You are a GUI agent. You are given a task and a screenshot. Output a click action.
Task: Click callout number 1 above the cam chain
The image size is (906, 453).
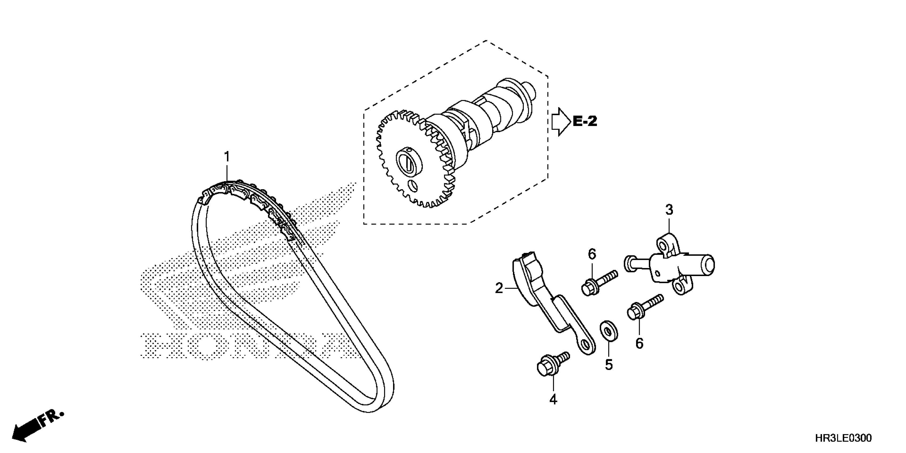pos(227,156)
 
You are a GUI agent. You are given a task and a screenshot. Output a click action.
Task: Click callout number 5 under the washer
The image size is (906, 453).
pos(609,365)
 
